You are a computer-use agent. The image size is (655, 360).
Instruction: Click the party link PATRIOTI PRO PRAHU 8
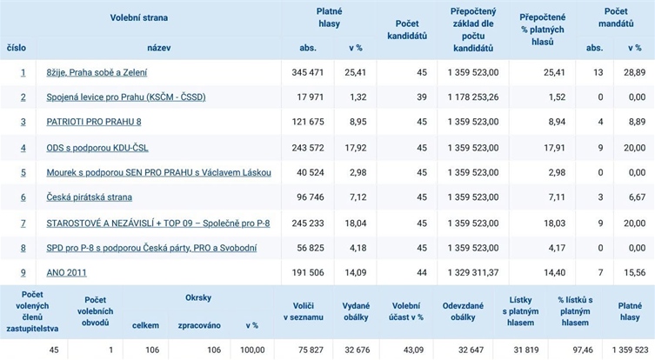94,122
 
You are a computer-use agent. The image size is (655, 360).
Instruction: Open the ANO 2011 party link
66,273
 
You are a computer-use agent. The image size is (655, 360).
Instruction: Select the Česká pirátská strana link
89,197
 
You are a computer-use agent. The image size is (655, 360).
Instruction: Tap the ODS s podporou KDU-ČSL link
97,148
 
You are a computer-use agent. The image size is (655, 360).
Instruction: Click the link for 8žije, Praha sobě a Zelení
97,73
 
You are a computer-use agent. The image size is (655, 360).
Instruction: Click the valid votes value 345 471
308,73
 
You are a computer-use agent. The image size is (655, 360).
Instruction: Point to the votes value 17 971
311,97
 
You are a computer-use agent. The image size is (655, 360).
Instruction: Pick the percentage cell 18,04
356,223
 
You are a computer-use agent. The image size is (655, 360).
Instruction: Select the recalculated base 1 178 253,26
473,97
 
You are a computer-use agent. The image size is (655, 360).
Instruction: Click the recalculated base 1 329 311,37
473,273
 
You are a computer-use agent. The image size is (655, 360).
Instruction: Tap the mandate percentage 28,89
634,73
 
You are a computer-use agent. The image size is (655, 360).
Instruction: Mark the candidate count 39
422,97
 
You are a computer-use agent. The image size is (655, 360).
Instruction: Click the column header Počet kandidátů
407,30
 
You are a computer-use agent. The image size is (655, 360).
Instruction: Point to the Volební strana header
139,17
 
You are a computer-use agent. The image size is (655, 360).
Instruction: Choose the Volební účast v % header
406,311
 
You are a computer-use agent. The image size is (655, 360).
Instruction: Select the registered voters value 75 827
311,350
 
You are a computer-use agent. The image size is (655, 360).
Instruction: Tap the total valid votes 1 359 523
630,350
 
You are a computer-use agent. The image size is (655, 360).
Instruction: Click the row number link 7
23,223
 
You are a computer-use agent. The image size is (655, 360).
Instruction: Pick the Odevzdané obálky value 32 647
470,350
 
